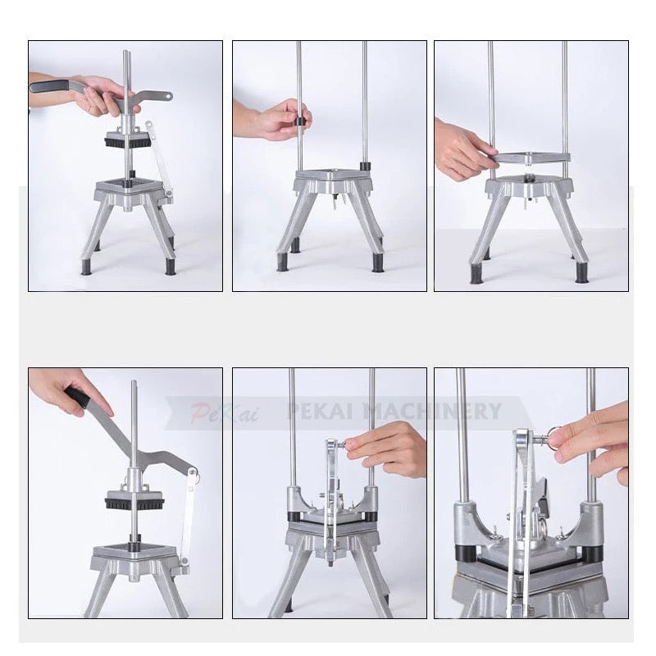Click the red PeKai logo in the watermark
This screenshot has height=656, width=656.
coord(224,412)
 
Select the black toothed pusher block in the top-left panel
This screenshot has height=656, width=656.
coord(128,141)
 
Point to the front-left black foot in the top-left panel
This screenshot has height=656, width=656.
coord(86,266)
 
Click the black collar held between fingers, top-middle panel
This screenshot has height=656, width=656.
coord(300,121)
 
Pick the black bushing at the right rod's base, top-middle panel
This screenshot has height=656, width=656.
coord(365,166)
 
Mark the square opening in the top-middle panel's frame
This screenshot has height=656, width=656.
coord(333,175)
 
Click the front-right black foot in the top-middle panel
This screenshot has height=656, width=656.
coord(378,263)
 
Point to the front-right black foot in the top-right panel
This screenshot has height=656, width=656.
coord(581,272)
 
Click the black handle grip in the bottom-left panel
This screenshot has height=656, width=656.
coord(78,397)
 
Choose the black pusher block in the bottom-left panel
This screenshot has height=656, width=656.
coord(134,501)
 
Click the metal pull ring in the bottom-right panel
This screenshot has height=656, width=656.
coord(558,436)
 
